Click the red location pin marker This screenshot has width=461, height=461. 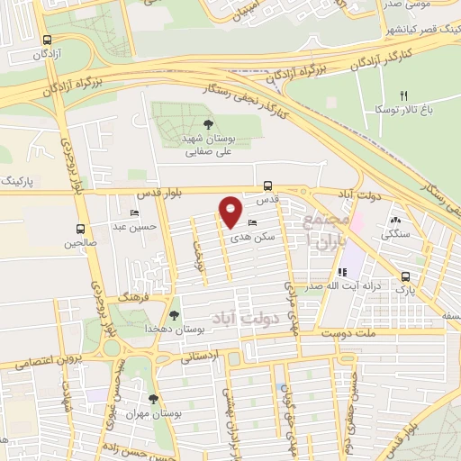(x=230, y=212)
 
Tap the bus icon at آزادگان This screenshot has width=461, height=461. (x=47, y=40)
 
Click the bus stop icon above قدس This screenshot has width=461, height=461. (x=267, y=185)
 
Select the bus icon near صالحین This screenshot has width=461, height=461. (x=80, y=229)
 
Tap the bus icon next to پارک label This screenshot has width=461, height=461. (x=405, y=277)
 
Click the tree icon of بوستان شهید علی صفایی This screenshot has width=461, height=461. (x=209, y=125)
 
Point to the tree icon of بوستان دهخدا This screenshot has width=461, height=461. (x=174, y=315)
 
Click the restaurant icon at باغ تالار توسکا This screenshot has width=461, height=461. (x=404, y=96)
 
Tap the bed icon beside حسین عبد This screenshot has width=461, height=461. (x=134, y=213)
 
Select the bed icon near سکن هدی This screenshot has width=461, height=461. (x=251, y=221)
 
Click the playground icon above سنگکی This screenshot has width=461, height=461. (x=395, y=219)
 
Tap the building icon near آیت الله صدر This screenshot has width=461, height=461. (x=342, y=272)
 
